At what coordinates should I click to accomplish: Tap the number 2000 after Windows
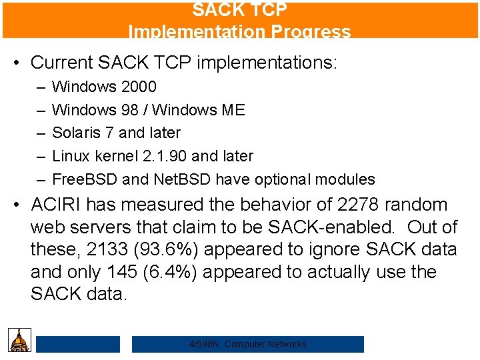(x=139, y=87)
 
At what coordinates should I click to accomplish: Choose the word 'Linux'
(x=70, y=156)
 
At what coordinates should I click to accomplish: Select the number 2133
(x=104, y=250)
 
